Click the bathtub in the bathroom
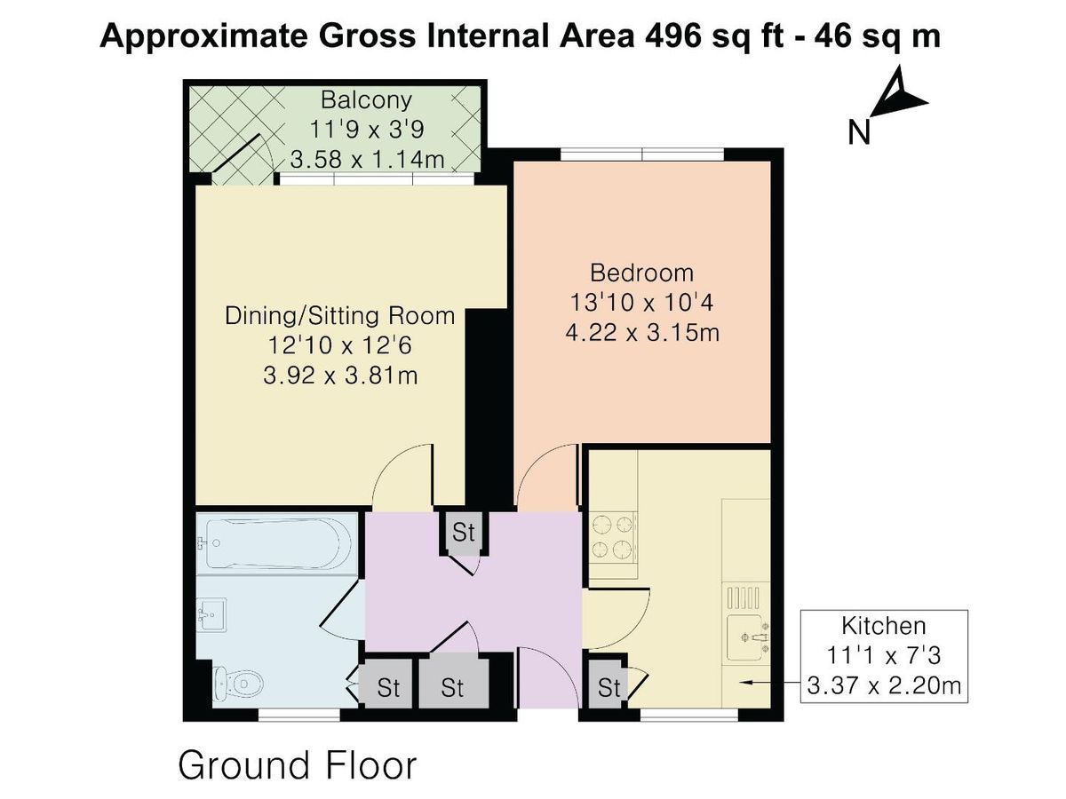tap(271, 542)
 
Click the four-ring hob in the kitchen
tap(614, 538)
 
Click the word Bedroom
tap(641, 273)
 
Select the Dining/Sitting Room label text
tap(339, 316)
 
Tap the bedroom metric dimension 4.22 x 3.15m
tap(641, 334)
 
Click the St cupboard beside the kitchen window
tap(609, 687)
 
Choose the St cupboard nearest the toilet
tap(386, 687)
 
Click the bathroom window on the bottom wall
tap(298, 713)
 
